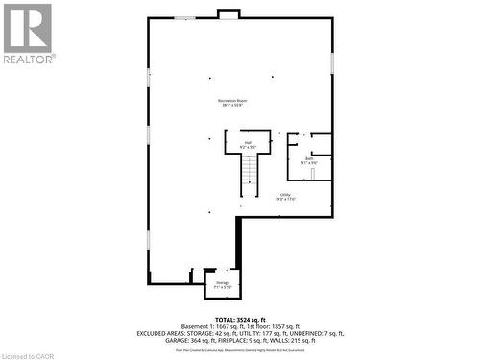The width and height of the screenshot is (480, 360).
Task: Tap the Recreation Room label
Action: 228,103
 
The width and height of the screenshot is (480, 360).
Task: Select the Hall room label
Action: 247,145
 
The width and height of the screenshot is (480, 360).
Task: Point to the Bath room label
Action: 309,161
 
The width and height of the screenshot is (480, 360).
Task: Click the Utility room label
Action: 285,196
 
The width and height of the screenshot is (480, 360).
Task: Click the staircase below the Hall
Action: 250,175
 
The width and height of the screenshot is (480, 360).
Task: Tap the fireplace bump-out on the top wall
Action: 228,13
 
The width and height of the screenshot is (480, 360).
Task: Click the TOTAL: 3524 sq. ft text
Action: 239,318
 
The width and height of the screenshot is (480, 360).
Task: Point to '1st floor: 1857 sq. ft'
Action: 275,325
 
